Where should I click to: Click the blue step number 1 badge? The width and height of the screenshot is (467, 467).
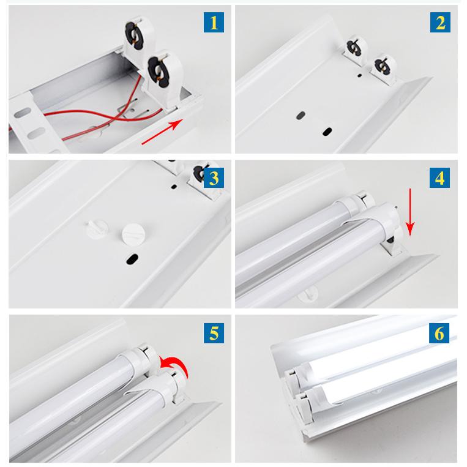[x=214, y=22]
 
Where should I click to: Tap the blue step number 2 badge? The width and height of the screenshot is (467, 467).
[x=440, y=22]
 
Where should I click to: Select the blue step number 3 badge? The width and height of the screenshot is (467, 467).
[x=214, y=178]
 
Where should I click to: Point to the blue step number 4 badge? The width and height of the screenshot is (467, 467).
[x=439, y=178]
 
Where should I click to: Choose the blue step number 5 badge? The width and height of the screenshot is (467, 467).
[x=214, y=333]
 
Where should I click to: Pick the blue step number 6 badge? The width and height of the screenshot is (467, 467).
[x=439, y=333]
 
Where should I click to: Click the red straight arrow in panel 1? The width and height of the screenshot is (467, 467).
[x=162, y=132]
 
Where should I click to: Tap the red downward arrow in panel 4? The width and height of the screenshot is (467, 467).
[x=410, y=212]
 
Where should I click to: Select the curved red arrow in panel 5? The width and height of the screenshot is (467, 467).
[x=174, y=365]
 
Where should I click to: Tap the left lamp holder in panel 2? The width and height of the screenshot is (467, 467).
[x=356, y=50]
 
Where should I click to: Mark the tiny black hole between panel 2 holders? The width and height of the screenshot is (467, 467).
[x=359, y=75]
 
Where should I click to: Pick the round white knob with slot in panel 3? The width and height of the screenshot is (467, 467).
[x=133, y=234]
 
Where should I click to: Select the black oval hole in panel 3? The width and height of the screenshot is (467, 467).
[x=132, y=259]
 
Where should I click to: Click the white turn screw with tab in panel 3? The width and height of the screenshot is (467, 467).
[x=97, y=228]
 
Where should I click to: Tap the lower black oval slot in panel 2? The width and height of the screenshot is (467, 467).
[x=327, y=132]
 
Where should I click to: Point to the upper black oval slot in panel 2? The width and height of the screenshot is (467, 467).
[x=301, y=115]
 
